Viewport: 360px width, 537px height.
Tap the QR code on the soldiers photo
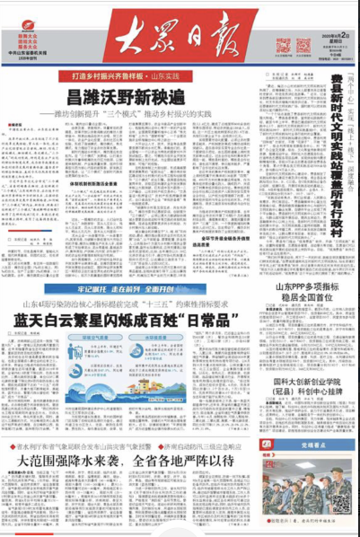point(340,505)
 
